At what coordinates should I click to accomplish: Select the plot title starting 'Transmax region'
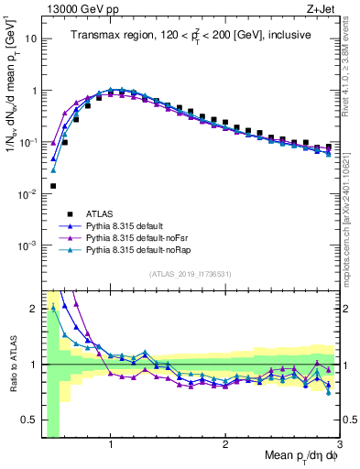click(x=190, y=35)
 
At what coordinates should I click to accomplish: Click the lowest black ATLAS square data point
click(x=53, y=186)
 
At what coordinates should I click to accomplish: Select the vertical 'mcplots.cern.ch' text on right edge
click(x=352, y=220)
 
